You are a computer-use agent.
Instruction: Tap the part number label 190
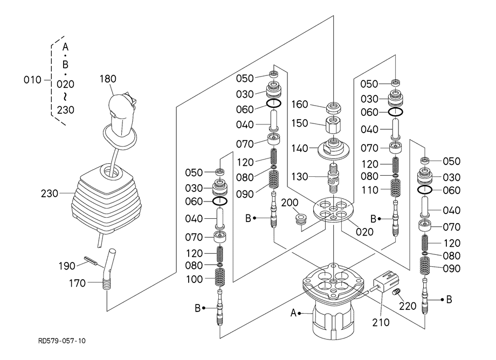pyautogui.click(x=66, y=266)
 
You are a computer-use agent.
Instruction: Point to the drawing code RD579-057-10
pyautogui.click(x=61, y=341)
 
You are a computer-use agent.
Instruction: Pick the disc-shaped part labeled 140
pyautogui.click(x=334, y=148)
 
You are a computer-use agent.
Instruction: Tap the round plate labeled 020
pyautogui.click(x=334, y=211)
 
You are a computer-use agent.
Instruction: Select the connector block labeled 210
pyautogui.click(x=385, y=282)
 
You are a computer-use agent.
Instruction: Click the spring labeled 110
pyautogui.click(x=396, y=189)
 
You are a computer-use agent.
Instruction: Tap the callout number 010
pyautogui.click(x=32, y=80)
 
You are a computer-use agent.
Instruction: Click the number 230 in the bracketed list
pyautogui.click(x=65, y=110)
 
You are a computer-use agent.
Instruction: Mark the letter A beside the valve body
pyautogui.click(x=294, y=313)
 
